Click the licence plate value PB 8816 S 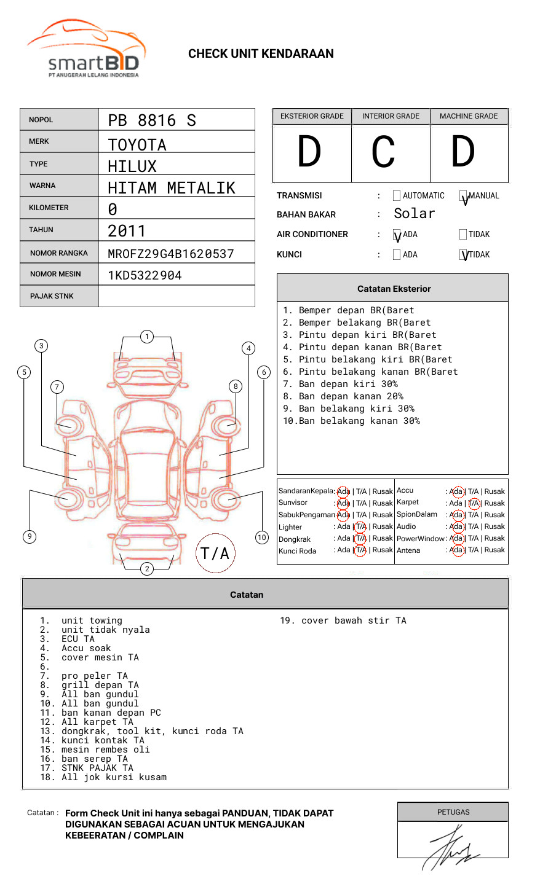click(x=152, y=120)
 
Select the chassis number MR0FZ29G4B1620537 click(x=171, y=254)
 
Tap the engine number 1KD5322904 click(x=145, y=275)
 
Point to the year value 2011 click(x=127, y=231)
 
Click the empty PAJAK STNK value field click(x=177, y=296)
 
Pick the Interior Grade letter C click(x=384, y=152)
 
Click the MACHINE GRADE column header click(x=469, y=116)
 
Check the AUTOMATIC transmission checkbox click(x=397, y=196)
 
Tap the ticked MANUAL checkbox click(x=463, y=196)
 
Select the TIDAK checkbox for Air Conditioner click(x=463, y=234)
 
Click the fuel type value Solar click(x=414, y=214)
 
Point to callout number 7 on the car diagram click(x=57, y=386)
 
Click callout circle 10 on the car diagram click(x=262, y=538)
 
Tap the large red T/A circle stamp click(x=215, y=553)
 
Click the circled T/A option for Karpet click(x=474, y=503)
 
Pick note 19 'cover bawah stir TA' click(x=343, y=620)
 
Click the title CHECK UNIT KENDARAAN click(x=261, y=53)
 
